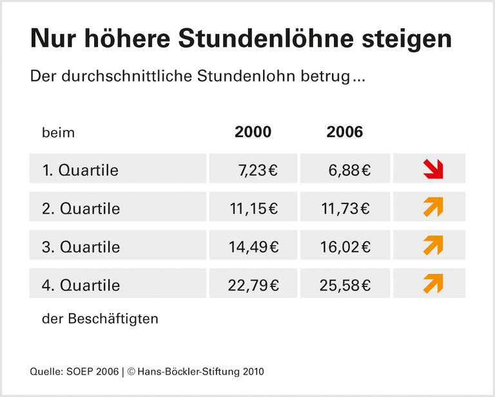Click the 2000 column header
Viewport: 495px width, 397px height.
[x=253, y=132]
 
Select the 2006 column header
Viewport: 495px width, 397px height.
[x=345, y=132]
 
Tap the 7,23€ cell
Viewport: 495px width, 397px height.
[x=258, y=171]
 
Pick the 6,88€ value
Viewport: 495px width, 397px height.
[x=349, y=171]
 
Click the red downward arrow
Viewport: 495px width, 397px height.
[x=433, y=169]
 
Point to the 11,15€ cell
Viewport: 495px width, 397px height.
[x=253, y=208]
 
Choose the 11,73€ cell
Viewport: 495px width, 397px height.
[x=345, y=208]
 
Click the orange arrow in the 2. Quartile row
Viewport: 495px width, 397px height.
[x=433, y=207]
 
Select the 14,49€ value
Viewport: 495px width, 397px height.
[x=253, y=246]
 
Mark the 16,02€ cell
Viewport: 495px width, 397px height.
[x=345, y=246]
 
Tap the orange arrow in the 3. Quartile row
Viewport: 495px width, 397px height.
[x=433, y=245]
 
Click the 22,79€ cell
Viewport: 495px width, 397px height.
[x=253, y=284]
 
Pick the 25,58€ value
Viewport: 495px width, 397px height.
[x=345, y=284]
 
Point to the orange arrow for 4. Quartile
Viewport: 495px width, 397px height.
[x=433, y=283]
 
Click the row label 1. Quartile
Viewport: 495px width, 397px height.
[x=81, y=171]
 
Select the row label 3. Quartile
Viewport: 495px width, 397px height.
[x=81, y=246]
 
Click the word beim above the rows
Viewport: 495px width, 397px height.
[x=58, y=133]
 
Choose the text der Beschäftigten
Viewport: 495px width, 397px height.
[x=100, y=319]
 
